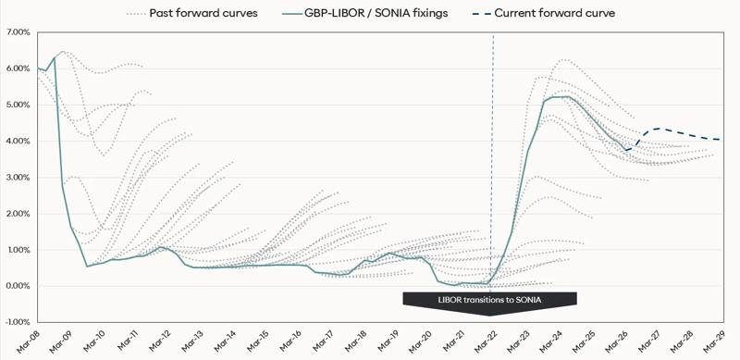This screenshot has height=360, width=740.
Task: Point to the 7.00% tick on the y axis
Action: point(18,32)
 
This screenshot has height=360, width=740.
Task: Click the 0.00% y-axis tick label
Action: point(18,286)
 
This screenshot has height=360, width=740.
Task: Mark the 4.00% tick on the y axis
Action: point(18,141)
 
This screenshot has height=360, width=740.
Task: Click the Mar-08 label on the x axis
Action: point(29,343)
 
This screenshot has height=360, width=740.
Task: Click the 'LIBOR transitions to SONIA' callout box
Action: point(490,299)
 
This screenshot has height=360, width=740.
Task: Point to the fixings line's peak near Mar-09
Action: point(55,57)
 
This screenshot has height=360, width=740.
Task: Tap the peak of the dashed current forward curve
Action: point(658,129)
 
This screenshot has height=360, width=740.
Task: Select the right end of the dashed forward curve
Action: point(720,140)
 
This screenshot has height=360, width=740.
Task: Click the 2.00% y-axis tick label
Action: point(18,214)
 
